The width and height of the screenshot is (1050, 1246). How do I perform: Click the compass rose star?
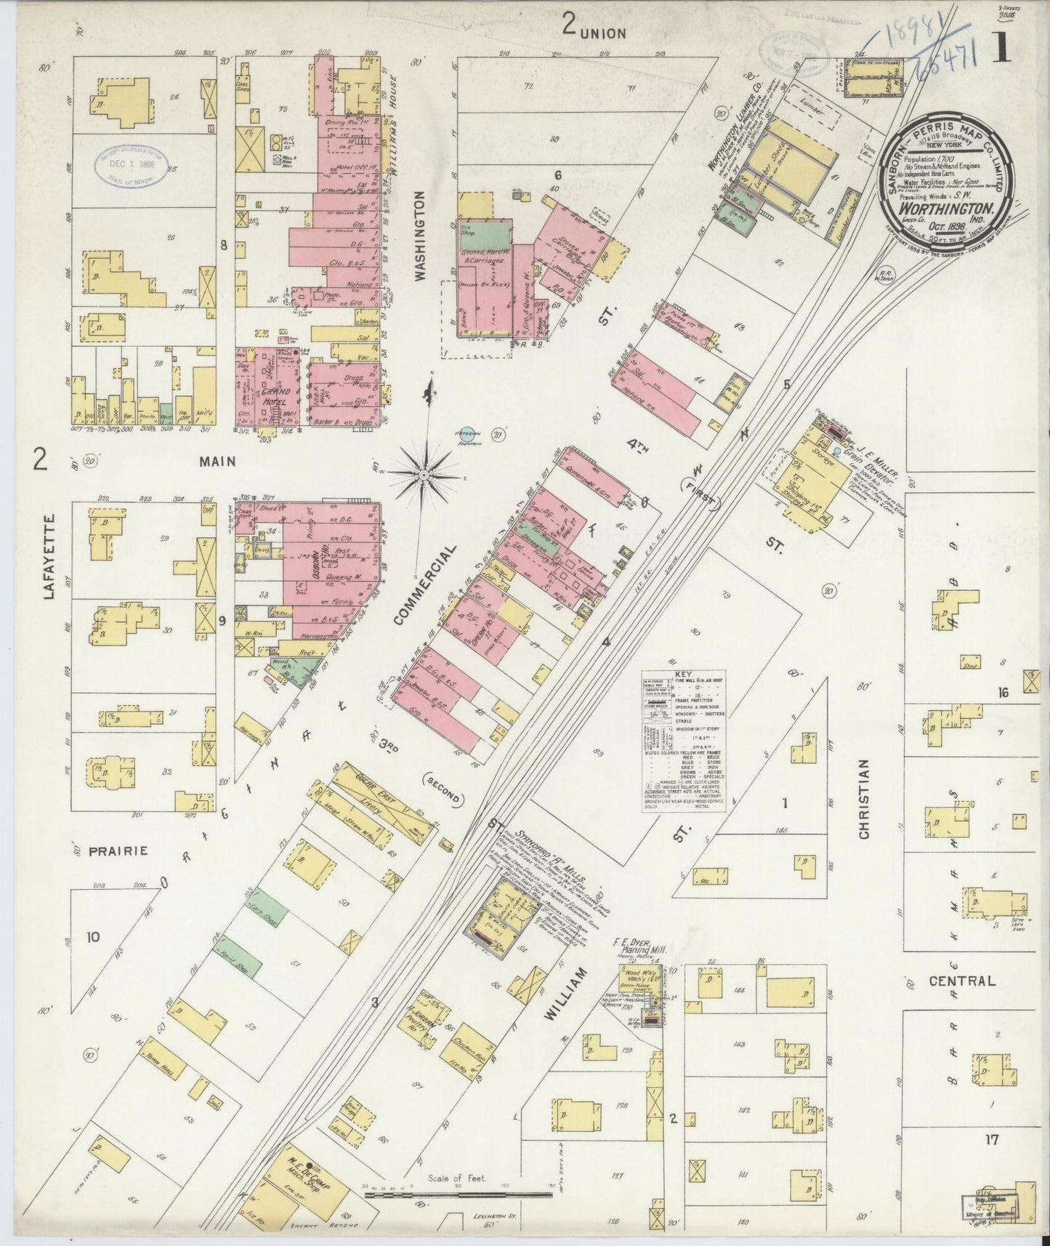[x=424, y=475]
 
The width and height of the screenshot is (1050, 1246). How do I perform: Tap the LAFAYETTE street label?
[x=49, y=557]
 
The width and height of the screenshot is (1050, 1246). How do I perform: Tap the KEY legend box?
[x=684, y=735]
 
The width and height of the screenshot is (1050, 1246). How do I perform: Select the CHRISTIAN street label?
[x=864, y=799]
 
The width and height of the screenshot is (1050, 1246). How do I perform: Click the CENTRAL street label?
[x=962, y=981]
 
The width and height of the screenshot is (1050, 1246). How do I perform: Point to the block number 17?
[x=991, y=1139]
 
